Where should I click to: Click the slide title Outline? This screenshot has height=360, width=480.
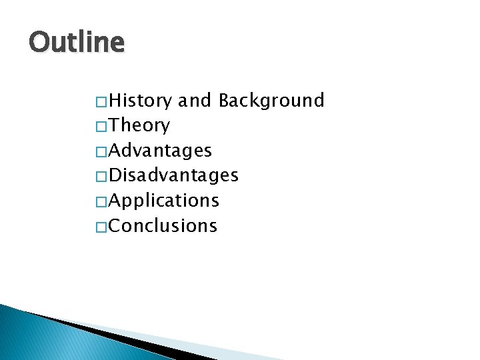click(x=77, y=43)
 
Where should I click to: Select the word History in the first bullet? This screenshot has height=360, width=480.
click(x=140, y=101)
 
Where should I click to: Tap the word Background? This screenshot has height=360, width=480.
click(x=271, y=101)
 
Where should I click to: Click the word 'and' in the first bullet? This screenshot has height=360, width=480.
click(x=195, y=101)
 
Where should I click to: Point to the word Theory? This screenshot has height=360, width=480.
click(x=139, y=126)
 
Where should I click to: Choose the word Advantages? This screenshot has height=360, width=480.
click(x=160, y=151)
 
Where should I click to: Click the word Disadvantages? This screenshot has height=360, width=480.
click(x=173, y=175)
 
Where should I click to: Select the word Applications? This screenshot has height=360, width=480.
click(x=164, y=201)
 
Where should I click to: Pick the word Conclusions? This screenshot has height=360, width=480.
click(x=163, y=226)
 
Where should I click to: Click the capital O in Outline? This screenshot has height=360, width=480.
click(x=39, y=43)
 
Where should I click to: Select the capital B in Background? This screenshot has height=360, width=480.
click(x=225, y=101)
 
